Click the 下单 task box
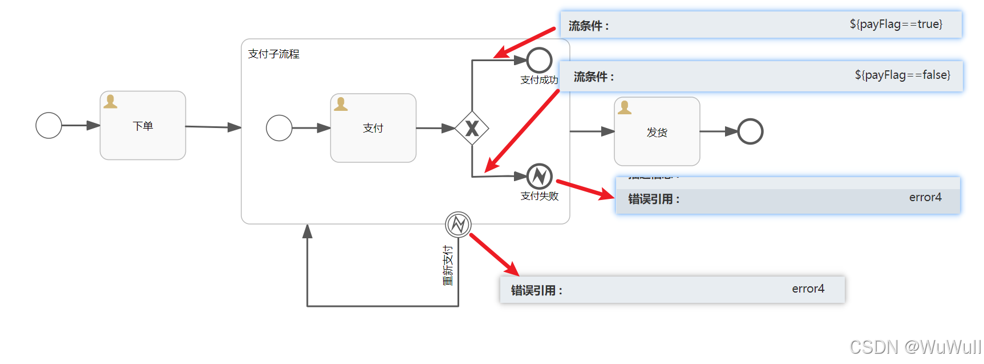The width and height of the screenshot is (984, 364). pyautogui.click(x=143, y=126)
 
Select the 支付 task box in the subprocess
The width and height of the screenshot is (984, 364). pyautogui.click(x=373, y=128)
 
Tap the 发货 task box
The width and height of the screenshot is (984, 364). pyautogui.click(x=657, y=132)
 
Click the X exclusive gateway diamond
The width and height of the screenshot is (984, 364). pyautogui.click(x=472, y=128)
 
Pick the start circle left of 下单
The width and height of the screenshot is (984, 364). pyautogui.click(x=48, y=125)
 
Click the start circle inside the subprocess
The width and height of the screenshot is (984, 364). pyautogui.click(x=279, y=128)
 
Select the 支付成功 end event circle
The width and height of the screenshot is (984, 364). pyautogui.click(x=539, y=59)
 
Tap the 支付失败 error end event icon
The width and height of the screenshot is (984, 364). pyautogui.click(x=539, y=177)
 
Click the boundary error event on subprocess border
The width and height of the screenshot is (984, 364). pyautogui.click(x=458, y=224)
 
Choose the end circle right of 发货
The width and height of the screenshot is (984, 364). pyautogui.click(x=750, y=131)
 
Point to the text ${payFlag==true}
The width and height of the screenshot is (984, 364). pyautogui.click(x=896, y=24)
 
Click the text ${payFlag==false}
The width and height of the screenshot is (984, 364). pyautogui.click(x=902, y=75)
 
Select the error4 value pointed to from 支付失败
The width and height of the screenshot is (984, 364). pyautogui.click(x=925, y=197)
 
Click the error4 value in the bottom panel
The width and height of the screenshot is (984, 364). pyautogui.click(x=808, y=289)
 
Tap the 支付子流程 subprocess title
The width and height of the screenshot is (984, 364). pyautogui.click(x=274, y=54)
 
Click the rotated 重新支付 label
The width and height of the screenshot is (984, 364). pyautogui.click(x=448, y=266)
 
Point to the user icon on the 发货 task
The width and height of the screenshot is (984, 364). pyautogui.click(x=625, y=107)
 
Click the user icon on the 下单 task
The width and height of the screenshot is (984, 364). pyautogui.click(x=110, y=102)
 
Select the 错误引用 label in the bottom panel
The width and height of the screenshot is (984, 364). pyautogui.click(x=536, y=290)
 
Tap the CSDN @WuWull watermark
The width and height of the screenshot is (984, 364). pyautogui.click(x=915, y=347)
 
